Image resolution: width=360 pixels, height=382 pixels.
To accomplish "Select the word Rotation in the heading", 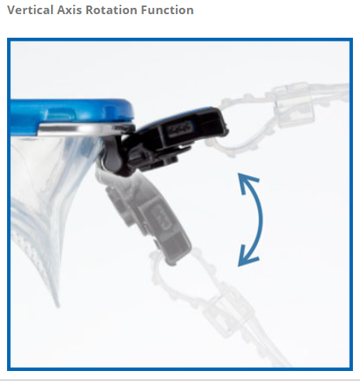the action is coord(112,10).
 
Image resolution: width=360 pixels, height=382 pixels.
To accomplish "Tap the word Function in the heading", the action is coord(167,10).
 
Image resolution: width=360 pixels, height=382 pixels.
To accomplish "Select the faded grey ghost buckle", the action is coord(147,215).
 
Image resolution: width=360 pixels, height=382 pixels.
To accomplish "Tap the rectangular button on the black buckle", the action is coord(180,128).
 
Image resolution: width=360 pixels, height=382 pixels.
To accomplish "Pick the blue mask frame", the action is coord(71,116).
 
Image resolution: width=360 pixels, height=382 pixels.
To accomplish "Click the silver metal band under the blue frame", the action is coord(81,129).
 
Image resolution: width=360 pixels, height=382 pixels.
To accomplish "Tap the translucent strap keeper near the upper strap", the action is coord(293,105).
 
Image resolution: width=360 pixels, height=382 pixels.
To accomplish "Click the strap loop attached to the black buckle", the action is coord(236,126).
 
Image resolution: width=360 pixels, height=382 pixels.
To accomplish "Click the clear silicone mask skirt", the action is coord(50,199).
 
